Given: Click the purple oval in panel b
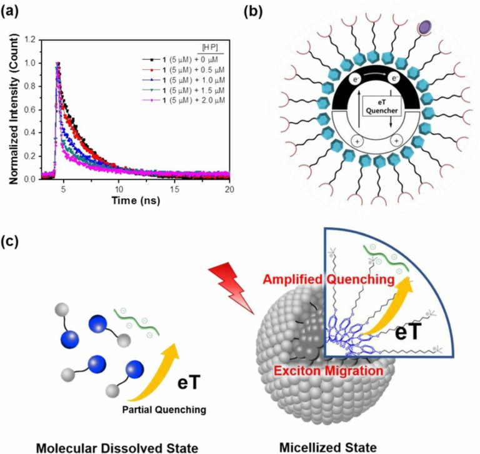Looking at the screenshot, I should pos(424,26).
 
